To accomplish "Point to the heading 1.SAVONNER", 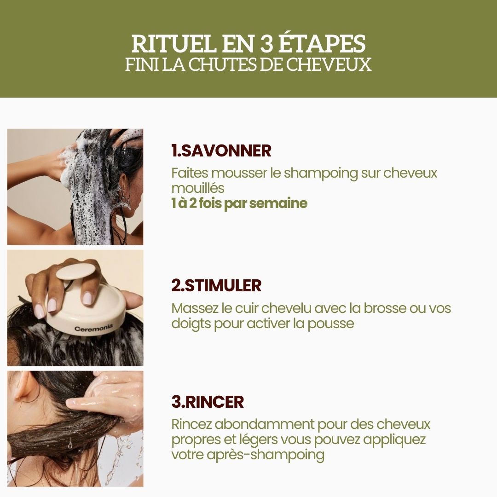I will [221, 150].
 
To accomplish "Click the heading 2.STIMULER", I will [216, 285].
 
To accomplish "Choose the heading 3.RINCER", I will [207, 402].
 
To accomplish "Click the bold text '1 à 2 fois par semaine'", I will [239, 203].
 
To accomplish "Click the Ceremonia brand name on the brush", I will [93, 329].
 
